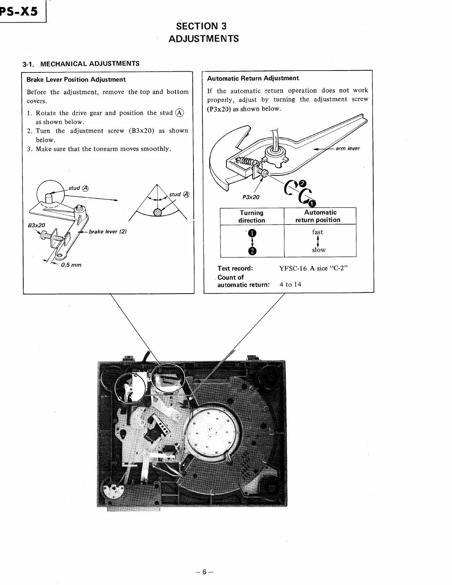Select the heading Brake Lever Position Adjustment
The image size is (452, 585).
(76, 79)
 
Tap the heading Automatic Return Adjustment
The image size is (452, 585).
(253, 78)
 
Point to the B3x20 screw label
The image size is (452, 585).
(37, 225)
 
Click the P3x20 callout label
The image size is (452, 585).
(251, 197)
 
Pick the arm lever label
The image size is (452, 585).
(347, 148)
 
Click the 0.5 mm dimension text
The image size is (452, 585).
(71, 265)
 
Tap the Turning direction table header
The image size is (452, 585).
(251, 216)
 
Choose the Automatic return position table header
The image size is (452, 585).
(320, 216)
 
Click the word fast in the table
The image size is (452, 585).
(317, 232)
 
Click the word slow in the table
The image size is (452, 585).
(318, 250)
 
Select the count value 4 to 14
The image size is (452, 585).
(290, 284)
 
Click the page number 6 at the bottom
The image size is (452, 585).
(205, 572)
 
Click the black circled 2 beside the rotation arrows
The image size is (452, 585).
(302, 183)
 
